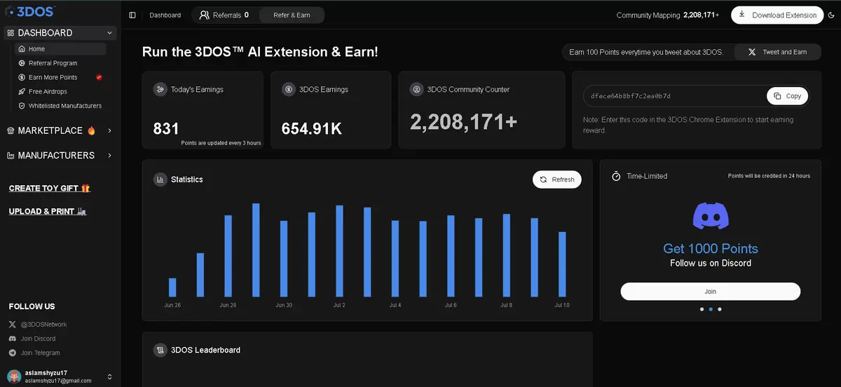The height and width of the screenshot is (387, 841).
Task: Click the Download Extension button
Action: (x=777, y=15)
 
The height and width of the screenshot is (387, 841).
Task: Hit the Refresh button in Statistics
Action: (x=556, y=179)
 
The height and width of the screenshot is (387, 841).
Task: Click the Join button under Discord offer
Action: (x=711, y=292)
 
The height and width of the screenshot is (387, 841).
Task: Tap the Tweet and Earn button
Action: (x=777, y=52)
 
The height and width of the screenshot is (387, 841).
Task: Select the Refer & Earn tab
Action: (x=292, y=15)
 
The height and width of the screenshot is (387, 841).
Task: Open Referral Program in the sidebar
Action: (x=53, y=63)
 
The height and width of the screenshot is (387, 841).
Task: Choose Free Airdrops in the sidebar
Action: (x=48, y=92)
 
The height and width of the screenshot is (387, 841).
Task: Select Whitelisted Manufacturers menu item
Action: (x=65, y=106)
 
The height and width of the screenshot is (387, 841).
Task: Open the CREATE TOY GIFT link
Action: (x=50, y=188)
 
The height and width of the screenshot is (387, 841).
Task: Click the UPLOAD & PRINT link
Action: (x=48, y=212)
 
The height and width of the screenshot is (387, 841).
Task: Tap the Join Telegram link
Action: (x=40, y=353)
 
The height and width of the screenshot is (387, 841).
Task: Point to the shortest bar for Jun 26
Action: (x=172, y=287)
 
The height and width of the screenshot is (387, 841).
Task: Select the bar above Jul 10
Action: (x=562, y=264)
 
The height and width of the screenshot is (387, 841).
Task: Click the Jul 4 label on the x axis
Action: (x=395, y=305)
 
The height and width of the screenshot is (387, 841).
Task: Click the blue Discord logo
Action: (x=711, y=216)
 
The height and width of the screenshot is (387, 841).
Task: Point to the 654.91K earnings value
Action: (x=312, y=129)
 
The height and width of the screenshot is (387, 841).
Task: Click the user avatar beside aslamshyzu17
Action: (x=14, y=376)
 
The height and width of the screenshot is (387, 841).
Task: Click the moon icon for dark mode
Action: (x=831, y=15)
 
